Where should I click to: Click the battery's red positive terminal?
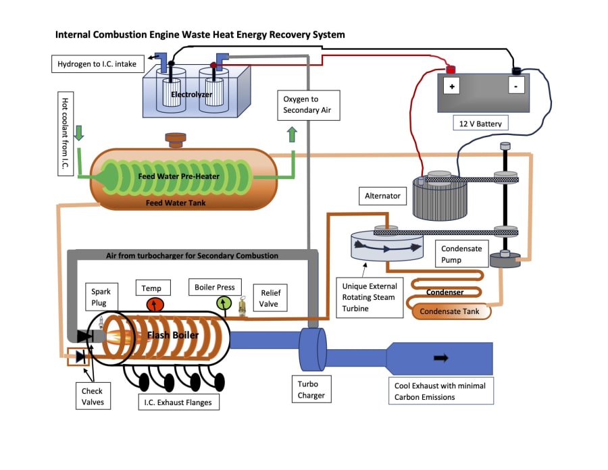[450, 68]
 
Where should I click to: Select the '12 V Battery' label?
[480, 124]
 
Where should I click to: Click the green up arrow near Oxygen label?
[292, 134]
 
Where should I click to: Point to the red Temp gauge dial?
[155, 305]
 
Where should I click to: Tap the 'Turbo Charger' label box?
[311, 390]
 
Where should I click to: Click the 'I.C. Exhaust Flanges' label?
[178, 403]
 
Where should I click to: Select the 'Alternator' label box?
[383, 197]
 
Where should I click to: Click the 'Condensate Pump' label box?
[461, 254]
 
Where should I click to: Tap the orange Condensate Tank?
[449, 311]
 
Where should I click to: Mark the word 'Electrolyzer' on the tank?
[192, 95]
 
